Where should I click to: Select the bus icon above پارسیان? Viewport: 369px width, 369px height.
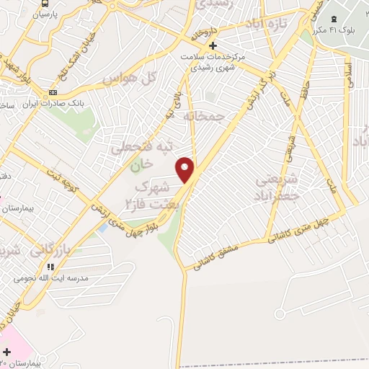pyautogui.click(x=45, y=4)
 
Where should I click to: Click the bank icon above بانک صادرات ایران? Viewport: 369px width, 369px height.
pyautogui.click(x=53, y=93)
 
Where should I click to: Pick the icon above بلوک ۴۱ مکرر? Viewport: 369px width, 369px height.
pyautogui.click(x=333, y=19)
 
